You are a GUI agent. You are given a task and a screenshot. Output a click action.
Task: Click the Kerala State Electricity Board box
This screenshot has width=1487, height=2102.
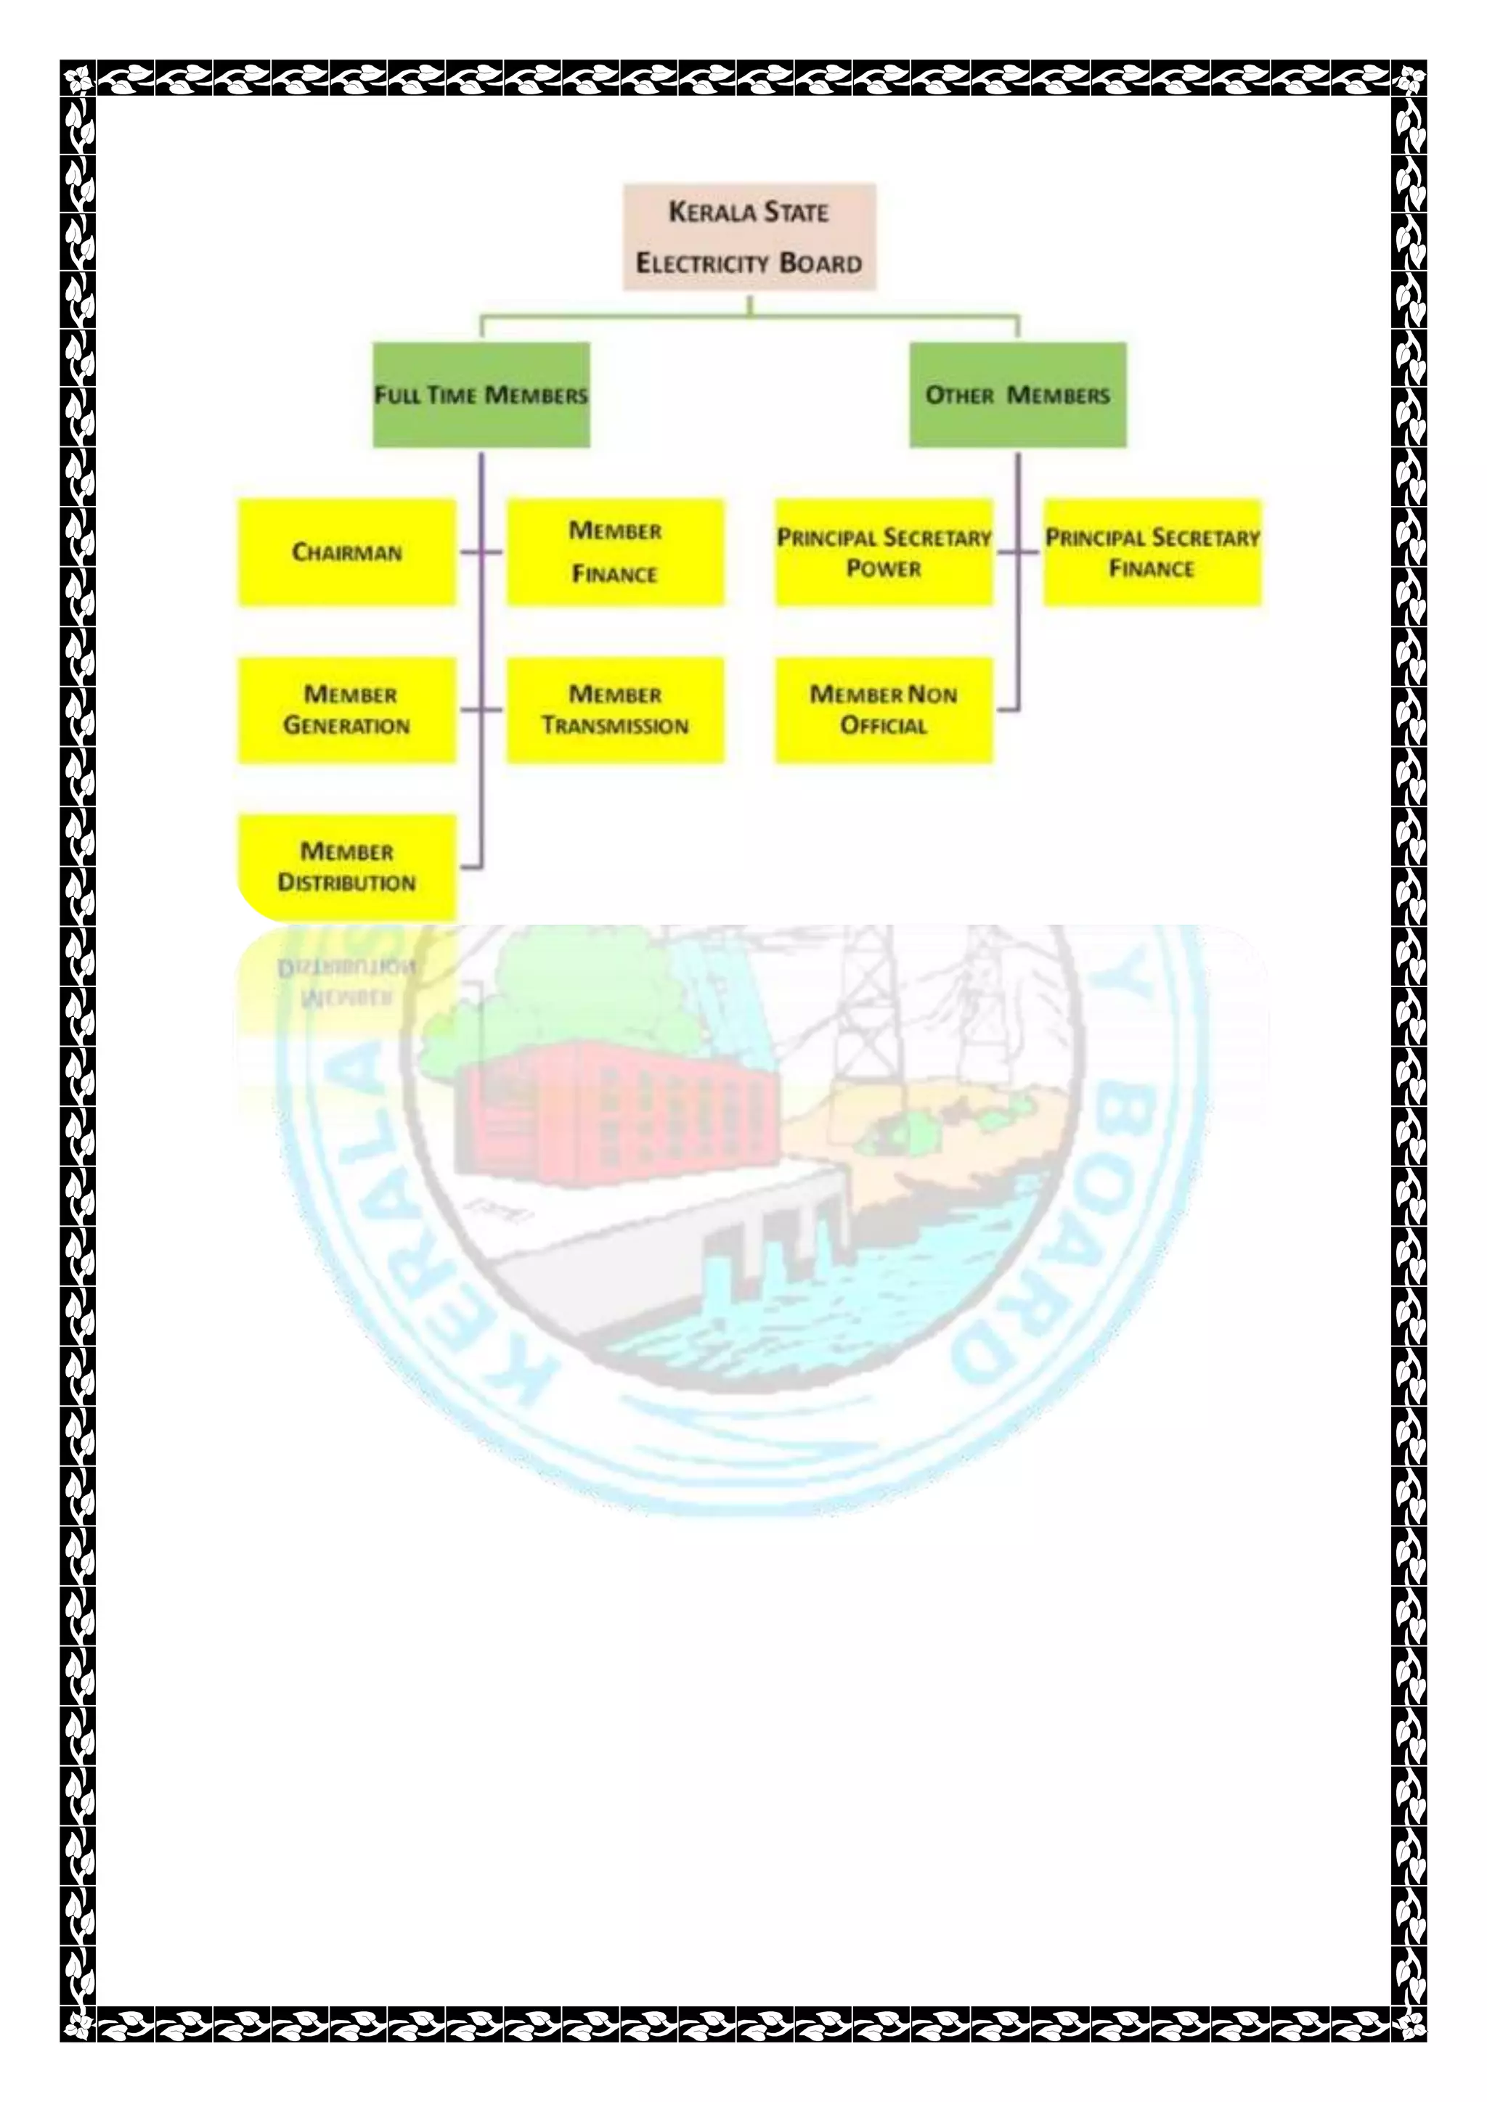(x=749, y=237)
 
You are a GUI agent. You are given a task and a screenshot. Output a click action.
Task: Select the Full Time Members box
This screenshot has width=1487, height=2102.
(x=481, y=395)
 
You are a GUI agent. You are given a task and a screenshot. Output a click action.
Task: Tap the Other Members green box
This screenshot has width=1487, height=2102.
(x=1017, y=395)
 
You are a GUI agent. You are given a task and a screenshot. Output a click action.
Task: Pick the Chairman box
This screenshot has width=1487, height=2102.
(x=347, y=552)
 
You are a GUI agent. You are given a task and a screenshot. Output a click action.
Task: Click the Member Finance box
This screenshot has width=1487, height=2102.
(x=615, y=552)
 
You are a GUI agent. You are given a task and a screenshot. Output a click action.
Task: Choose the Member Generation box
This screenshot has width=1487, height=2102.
(x=347, y=710)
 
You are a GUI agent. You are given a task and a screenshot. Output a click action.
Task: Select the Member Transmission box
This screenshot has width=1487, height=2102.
(x=615, y=710)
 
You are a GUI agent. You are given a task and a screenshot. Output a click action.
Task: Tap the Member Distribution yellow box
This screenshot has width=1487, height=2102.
(x=347, y=866)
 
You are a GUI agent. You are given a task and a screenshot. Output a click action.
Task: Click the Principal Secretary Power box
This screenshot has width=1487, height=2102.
(x=884, y=552)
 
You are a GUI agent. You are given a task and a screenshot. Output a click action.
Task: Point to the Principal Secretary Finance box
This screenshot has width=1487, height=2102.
(x=1152, y=552)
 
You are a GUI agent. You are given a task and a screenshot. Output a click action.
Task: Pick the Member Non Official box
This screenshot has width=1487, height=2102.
(x=884, y=710)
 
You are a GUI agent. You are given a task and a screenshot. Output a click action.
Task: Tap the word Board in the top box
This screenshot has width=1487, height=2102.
(x=820, y=263)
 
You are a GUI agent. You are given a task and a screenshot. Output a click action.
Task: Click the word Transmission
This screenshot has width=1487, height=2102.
(x=615, y=726)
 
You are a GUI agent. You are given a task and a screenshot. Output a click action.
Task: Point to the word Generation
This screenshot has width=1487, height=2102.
(x=347, y=726)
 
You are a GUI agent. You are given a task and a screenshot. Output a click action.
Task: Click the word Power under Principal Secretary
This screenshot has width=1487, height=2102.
(x=884, y=568)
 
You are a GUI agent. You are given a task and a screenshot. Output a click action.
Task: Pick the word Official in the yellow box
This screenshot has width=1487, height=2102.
(x=884, y=726)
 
